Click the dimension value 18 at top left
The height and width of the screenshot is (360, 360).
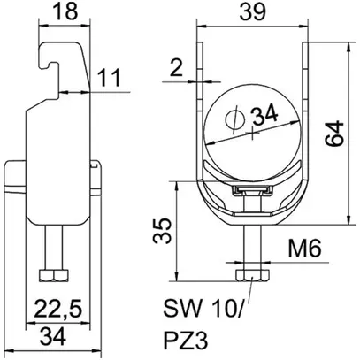tap(64, 12)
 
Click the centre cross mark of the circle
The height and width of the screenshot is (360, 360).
tap(251, 132)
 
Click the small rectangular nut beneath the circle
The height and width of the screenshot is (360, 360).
tap(250, 191)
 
